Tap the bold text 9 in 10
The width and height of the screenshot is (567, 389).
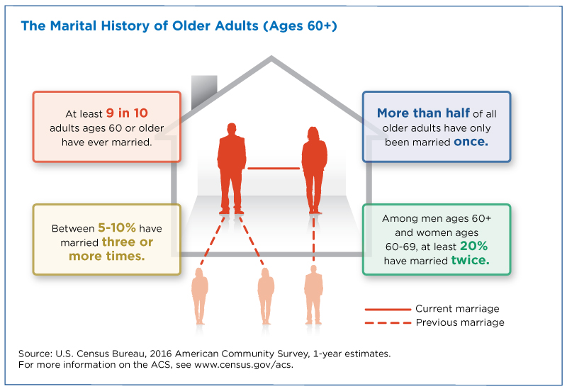(x=127, y=113)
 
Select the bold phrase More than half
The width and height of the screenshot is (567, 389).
(x=423, y=113)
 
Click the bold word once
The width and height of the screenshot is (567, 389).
(x=471, y=142)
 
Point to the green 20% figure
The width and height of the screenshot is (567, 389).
(x=473, y=246)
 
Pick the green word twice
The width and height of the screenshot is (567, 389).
(x=470, y=260)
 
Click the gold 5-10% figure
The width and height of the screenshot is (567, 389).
(x=117, y=227)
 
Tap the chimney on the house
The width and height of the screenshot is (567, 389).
(x=204, y=92)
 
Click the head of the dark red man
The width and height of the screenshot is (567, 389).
(x=232, y=129)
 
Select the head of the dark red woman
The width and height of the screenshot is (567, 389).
(x=313, y=133)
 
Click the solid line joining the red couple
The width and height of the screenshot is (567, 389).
(x=274, y=168)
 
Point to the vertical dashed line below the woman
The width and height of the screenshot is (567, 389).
(x=313, y=239)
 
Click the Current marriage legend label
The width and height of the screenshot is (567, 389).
(x=457, y=308)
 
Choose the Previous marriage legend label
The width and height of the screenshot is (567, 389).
(x=460, y=322)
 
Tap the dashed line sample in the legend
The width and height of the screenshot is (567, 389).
(x=388, y=322)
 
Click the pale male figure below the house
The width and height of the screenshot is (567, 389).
(x=313, y=295)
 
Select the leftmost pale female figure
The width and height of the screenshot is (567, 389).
(x=200, y=296)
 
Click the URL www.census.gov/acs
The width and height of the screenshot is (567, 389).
(x=243, y=364)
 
